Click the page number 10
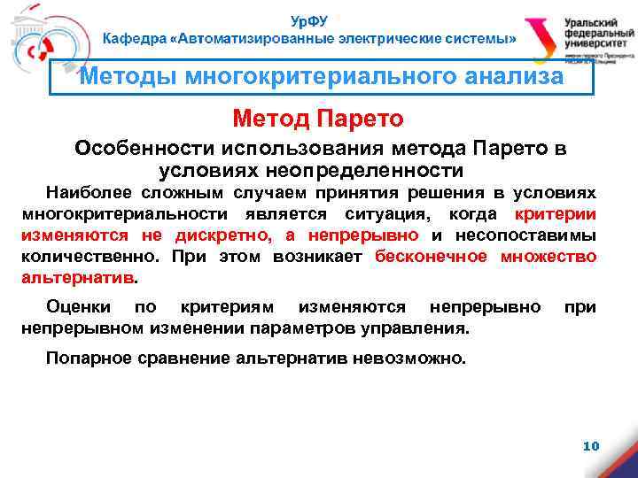pyautogui.click(x=591, y=446)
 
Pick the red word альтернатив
pyautogui.click(x=78, y=277)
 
